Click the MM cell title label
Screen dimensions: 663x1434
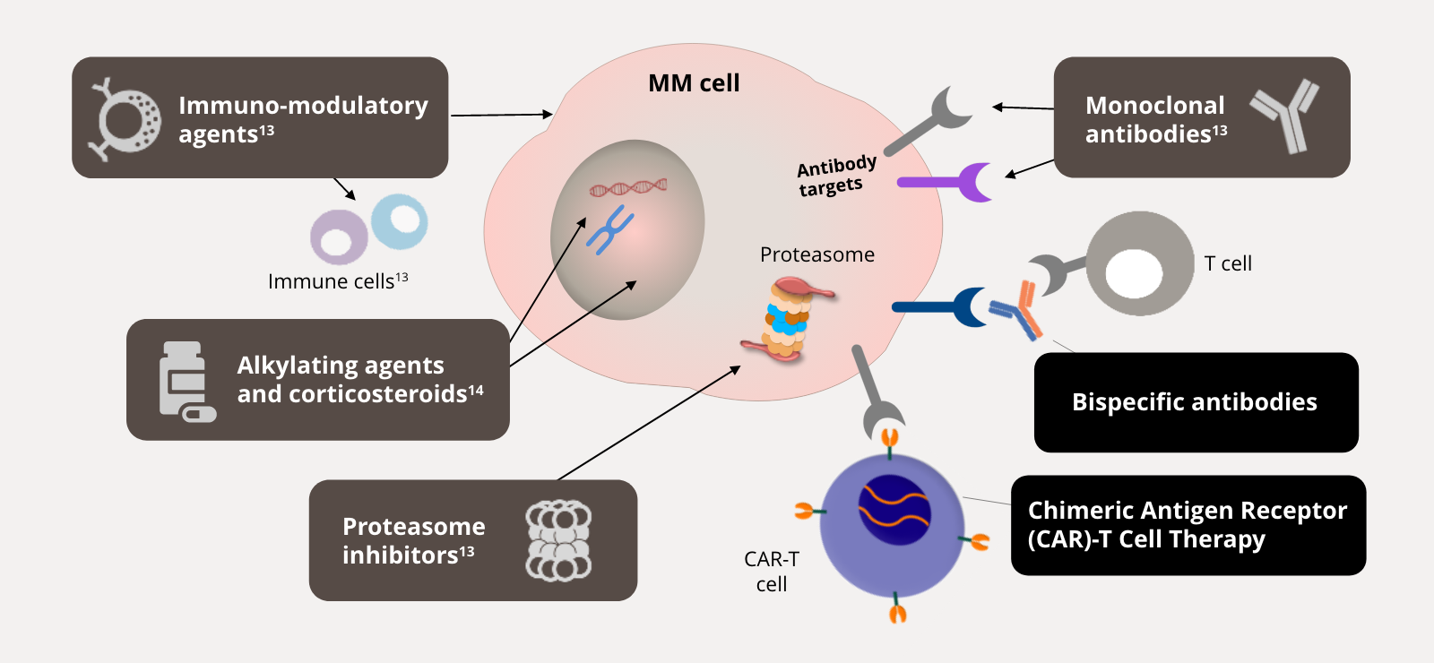[694, 83]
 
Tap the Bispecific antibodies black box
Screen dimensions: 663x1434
[1195, 402]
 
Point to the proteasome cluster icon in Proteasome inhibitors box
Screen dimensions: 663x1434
[558, 540]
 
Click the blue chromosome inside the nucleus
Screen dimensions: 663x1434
[610, 229]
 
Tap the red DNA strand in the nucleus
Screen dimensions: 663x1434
[627, 187]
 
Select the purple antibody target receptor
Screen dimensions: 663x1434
[950, 182]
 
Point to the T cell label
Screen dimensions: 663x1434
[1228, 263]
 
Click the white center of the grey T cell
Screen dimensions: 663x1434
[1134, 272]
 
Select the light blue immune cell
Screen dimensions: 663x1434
[400, 221]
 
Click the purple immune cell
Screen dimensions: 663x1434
[338, 237]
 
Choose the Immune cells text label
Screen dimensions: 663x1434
[338, 281]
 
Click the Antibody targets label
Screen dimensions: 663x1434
[835, 176]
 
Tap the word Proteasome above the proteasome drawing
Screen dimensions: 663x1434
[816, 254]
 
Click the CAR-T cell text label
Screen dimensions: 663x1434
[771, 572]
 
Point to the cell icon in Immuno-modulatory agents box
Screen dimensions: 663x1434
[125, 118]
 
